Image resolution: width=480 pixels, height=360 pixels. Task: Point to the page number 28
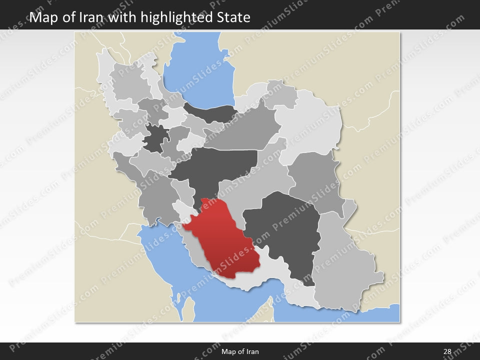pos(446,351)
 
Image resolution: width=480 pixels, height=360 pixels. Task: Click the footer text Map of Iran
pos(240,351)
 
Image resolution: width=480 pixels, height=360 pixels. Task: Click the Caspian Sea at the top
pos(200,70)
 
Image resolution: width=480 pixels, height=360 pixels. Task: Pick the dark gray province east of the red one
pos(285,230)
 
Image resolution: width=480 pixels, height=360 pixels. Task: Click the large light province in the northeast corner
pos(310,125)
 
